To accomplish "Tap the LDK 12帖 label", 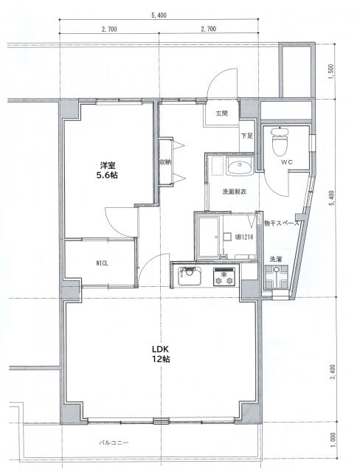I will [x=161, y=353].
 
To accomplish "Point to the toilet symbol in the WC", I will [x=280, y=138].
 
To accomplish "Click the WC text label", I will [x=288, y=162].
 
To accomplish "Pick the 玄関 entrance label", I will [x=222, y=114].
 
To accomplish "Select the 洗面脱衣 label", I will [x=235, y=192].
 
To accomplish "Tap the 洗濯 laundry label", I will [x=274, y=259].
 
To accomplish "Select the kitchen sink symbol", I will [x=189, y=277].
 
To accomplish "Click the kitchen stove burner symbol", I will [x=224, y=277].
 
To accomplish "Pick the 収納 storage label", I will [x=166, y=162].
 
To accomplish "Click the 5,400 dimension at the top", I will [x=158, y=15].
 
